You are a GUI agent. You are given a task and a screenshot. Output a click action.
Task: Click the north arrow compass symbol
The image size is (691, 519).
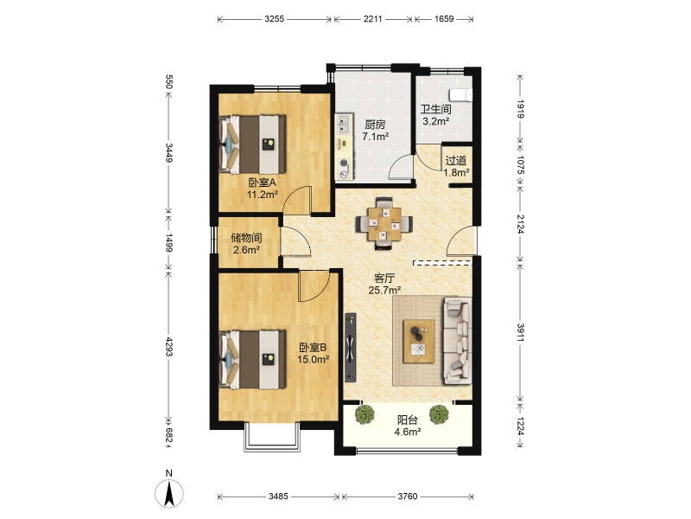tap(169, 492)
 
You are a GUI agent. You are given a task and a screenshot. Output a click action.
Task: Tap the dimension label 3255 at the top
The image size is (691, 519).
tap(274, 19)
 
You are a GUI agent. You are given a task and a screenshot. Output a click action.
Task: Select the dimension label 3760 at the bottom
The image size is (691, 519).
tap(407, 497)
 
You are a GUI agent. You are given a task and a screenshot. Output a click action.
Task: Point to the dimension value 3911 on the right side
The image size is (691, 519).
tap(521, 332)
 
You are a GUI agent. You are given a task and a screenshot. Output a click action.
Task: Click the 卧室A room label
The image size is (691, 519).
tap(262, 183)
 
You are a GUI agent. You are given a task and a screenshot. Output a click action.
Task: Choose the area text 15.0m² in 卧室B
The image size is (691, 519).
tap(313, 359)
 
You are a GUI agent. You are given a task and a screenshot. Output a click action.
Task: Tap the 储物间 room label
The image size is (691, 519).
tap(246, 239)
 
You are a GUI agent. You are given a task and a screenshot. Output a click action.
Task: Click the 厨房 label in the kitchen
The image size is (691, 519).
tap(375, 125)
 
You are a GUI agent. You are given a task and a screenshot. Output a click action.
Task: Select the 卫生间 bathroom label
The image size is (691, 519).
tap(436, 110)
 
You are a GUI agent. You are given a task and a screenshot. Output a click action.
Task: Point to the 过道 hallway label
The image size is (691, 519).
tap(456, 161)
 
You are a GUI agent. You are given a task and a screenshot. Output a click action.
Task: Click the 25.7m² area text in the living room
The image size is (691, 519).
tap(384, 290)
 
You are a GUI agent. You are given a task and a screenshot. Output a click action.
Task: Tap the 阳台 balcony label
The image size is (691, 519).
tap(407, 420)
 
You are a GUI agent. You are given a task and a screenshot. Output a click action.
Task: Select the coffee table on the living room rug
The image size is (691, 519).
tap(419, 341)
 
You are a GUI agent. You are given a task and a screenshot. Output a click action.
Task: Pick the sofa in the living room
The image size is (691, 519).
tap(458, 340)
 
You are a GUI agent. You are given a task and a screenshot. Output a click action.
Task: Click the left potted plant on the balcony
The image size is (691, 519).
tap(365, 415)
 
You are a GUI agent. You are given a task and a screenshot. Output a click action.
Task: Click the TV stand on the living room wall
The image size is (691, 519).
tap(351, 347)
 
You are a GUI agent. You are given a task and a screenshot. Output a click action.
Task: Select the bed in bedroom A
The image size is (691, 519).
tap(252, 144)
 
